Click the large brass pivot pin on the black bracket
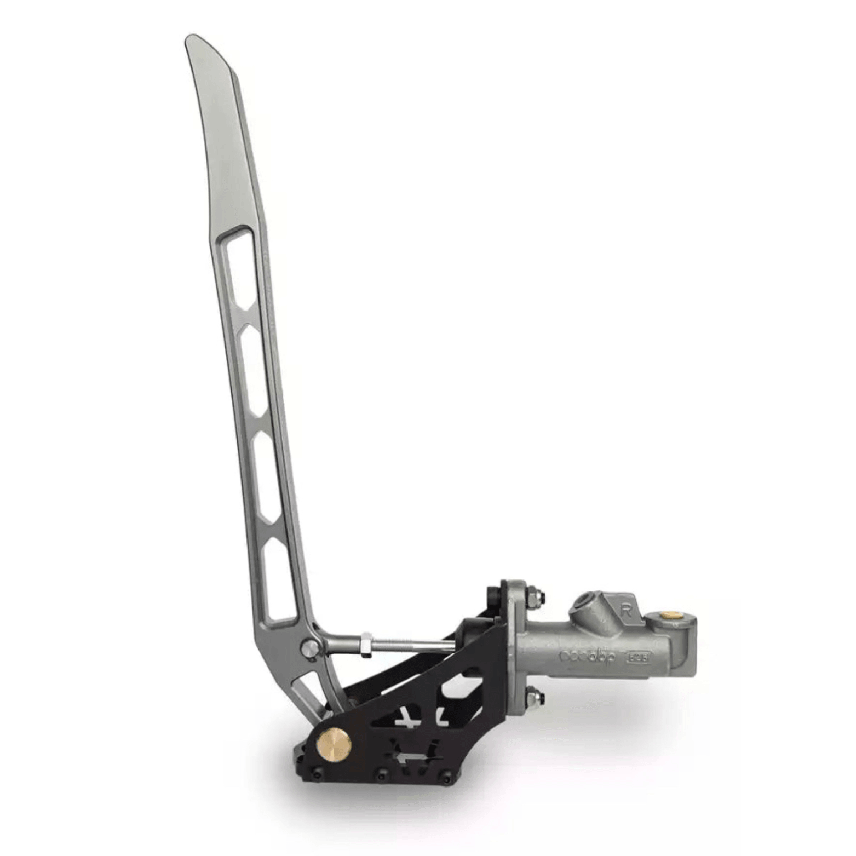click(x=334, y=743)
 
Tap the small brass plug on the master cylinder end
click(x=667, y=616)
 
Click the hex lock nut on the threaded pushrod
click(x=365, y=644)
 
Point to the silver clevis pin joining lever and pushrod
click(x=310, y=648)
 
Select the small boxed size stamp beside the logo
click(x=639, y=656)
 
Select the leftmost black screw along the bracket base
click(x=316, y=773)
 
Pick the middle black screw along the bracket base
click(x=382, y=775)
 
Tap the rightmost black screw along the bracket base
click(x=447, y=777)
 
